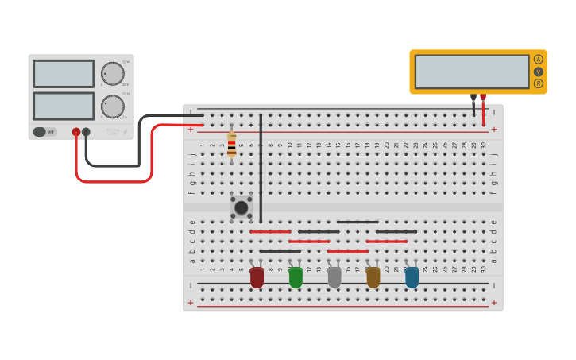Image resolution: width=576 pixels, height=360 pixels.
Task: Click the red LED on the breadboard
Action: pyautogui.click(x=257, y=277)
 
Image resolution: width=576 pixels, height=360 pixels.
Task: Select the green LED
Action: pyautogui.click(x=296, y=277)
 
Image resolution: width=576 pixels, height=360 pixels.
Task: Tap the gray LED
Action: pyautogui.click(x=334, y=277)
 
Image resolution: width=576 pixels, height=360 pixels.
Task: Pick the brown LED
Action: pyautogui.click(x=373, y=277)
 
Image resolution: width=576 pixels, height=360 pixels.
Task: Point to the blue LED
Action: pyautogui.click(x=412, y=277)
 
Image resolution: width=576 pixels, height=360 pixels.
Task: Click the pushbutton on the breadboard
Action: pyautogui.click(x=241, y=207)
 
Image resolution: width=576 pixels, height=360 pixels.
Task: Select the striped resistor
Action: pyautogui.click(x=231, y=145)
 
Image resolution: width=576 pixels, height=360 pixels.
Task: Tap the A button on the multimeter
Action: pyautogui.click(x=539, y=60)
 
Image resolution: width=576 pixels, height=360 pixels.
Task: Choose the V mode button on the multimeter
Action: pyautogui.click(x=539, y=72)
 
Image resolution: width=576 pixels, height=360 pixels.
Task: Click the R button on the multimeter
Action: pyautogui.click(x=539, y=83)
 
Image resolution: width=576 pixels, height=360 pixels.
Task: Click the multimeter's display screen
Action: pyautogui.click(x=471, y=72)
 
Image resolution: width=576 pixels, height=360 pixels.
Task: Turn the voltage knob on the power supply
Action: pyautogui.click(x=113, y=73)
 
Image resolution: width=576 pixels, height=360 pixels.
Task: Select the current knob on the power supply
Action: pyautogui.click(x=113, y=106)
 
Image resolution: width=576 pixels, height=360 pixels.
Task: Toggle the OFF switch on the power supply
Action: pyautogui.click(x=44, y=132)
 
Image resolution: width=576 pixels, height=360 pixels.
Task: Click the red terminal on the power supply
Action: pyautogui.click(x=76, y=132)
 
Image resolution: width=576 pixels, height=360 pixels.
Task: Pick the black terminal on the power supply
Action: pyautogui.click(x=86, y=132)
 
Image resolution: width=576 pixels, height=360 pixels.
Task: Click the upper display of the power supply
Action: pyautogui.click(x=64, y=74)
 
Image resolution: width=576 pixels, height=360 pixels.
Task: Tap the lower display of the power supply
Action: pyautogui.click(x=64, y=106)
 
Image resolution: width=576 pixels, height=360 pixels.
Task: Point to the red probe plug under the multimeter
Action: pyautogui.click(x=483, y=99)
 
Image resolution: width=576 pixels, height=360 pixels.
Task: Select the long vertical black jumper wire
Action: pyautogui.click(x=260, y=168)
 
